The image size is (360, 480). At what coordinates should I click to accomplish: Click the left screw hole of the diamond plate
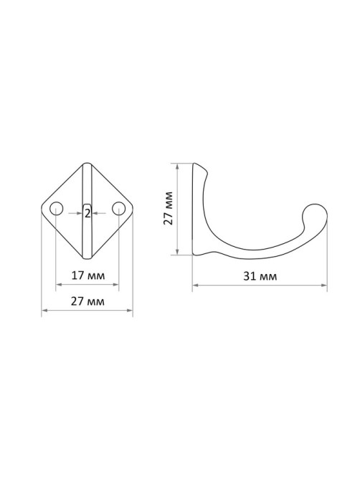pyautogui.click(x=56, y=209)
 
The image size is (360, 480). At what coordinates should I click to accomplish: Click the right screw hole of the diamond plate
pyautogui.click(x=118, y=209)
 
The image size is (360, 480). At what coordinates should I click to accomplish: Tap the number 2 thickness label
pyautogui.click(x=87, y=213)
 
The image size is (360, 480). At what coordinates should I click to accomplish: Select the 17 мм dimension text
pyautogui.click(x=88, y=276)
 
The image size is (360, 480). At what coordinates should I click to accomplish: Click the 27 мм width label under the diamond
pyautogui.click(x=87, y=301)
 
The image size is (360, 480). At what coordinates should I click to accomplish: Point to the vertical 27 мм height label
pyautogui.click(x=169, y=208)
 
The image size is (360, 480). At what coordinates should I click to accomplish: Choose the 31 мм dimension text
pyautogui.click(x=260, y=276)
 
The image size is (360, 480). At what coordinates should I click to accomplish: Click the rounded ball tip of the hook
pyautogui.click(x=315, y=216)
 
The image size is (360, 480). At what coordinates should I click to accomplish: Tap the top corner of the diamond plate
pyautogui.click(x=87, y=163)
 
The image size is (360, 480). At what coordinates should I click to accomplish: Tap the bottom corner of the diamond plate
pyautogui.click(x=87, y=258)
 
